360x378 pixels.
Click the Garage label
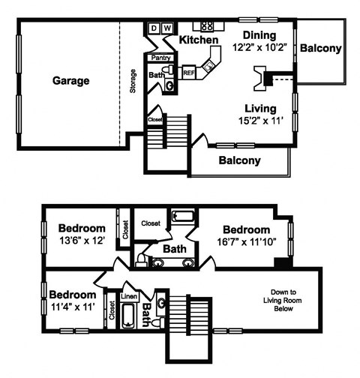click(x=71, y=80)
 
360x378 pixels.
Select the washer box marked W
click(x=167, y=28)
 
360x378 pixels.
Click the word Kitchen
click(x=199, y=40)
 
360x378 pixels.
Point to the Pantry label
click(x=161, y=57)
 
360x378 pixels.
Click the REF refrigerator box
click(x=189, y=73)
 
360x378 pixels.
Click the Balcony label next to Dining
click(x=321, y=49)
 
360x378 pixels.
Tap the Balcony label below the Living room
click(x=239, y=160)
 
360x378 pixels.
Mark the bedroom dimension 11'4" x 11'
click(x=73, y=306)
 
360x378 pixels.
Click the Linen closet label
click(x=129, y=296)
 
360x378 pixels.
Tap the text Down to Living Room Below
click(x=283, y=300)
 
